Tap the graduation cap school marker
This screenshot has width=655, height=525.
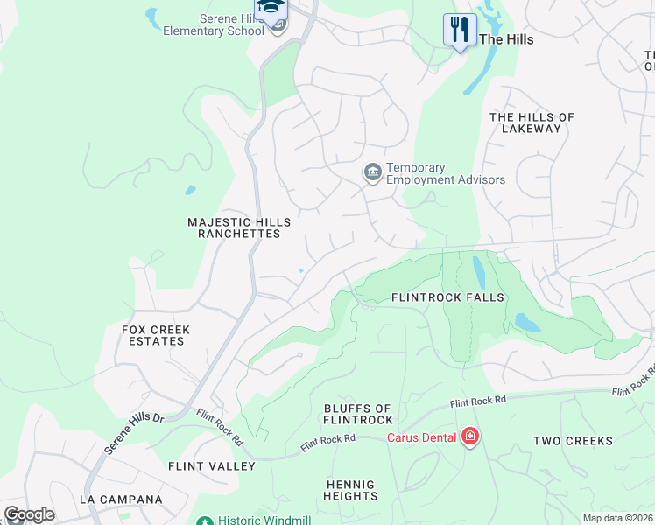click(x=271, y=9)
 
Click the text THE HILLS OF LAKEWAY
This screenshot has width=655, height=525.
click(x=531, y=122)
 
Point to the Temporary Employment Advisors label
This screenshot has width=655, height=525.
click(x=446, y=173)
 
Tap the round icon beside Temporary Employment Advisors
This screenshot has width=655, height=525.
click(x=372, y=172)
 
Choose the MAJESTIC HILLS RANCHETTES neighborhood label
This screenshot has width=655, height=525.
click(x=233, y=228)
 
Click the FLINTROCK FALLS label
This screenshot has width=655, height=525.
click(x=447, y=297)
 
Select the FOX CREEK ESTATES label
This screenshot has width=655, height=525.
click(x=156, y=335)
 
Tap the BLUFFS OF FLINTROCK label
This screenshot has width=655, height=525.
click(x=358, y=415)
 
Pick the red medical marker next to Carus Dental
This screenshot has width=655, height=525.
click(x=470, y=435)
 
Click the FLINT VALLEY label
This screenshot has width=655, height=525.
click(x=211, y=466)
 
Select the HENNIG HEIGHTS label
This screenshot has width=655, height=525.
click(x=350, y=490)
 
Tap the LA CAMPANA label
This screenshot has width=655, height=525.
click(x=121, y=500)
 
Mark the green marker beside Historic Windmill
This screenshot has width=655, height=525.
click(x=204, y=521)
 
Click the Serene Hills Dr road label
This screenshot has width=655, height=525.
click(x=134, y=433)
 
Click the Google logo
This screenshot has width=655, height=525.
click(x=29, y=514)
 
